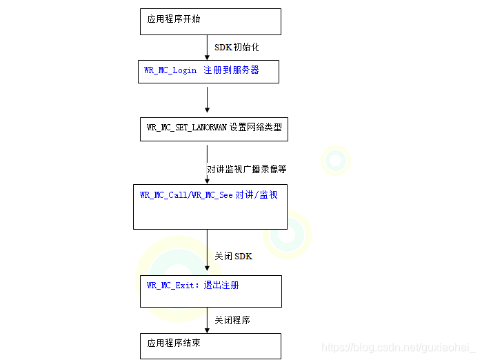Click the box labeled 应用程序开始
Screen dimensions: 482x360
(210, 21)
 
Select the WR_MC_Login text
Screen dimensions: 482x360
(170, 70)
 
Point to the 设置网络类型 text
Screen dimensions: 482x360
(256, 128)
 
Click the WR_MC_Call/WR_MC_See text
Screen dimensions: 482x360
(186, 195)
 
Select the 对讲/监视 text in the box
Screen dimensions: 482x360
(257, 195)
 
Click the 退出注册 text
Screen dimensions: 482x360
(221, 285)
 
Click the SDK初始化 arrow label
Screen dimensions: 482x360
(237, 48)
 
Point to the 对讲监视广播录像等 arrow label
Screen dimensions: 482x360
(246, 169)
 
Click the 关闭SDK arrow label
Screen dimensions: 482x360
(233, 256)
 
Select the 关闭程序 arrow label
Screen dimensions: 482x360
(232, 320)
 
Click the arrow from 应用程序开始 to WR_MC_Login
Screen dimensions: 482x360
(207, 47)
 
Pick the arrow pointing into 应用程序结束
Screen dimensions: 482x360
(207, 320)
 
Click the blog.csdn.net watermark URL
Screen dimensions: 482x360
(399, 348)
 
